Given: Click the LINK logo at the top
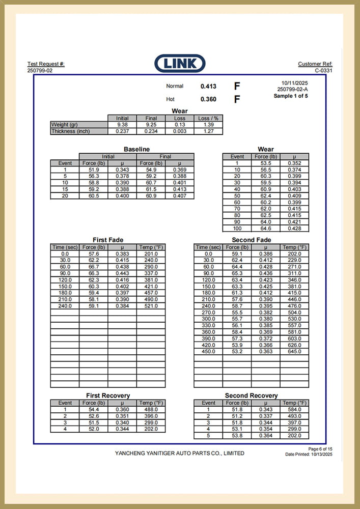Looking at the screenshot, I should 180,64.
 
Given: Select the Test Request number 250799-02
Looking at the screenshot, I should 40,71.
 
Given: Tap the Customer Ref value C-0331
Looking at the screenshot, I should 323,71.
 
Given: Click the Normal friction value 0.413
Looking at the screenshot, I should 208,87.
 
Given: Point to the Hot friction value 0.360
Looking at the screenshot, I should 208,99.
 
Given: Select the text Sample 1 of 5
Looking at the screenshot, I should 291,96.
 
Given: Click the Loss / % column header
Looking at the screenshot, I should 208,118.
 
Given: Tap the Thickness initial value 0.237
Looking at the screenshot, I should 122,131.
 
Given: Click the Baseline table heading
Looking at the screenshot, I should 136,149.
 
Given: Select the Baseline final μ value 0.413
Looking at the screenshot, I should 179,189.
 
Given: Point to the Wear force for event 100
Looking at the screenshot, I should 266,229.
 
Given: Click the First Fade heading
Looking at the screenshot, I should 108,240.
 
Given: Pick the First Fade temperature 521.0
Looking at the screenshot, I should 151,306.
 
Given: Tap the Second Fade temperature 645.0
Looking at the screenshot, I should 294,352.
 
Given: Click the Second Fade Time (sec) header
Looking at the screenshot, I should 208,247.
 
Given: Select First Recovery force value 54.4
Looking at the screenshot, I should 93,409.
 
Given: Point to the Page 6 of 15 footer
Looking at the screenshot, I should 320,448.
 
